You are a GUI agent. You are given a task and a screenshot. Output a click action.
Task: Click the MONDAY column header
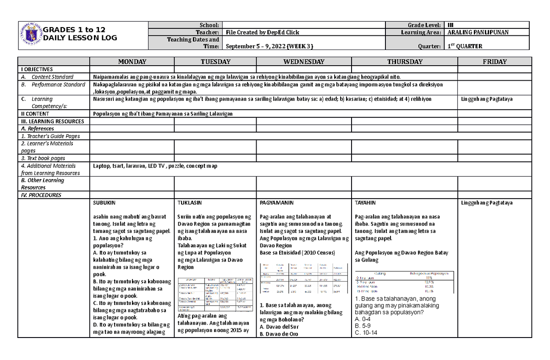point(132,61)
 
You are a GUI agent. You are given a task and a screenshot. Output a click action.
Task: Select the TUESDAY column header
point(215,61)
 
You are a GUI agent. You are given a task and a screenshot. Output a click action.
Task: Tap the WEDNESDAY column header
point(304,61)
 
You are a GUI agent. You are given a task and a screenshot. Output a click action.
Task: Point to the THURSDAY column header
point(404,61)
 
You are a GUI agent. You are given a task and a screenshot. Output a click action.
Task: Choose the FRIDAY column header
point(494,61)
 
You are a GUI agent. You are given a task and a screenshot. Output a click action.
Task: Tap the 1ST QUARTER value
point(465,46)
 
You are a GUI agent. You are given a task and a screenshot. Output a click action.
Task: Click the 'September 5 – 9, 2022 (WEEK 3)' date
point(270,46)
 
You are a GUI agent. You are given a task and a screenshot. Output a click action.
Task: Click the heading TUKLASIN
point(189,203)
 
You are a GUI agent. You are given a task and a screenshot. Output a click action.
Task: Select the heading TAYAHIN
point(365,203)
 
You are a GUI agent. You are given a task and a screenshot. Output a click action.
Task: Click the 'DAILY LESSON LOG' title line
point(81,38)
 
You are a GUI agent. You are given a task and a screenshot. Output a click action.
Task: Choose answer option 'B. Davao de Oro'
point(279,334)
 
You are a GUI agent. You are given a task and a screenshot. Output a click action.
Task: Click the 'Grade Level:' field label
point(424,25)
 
